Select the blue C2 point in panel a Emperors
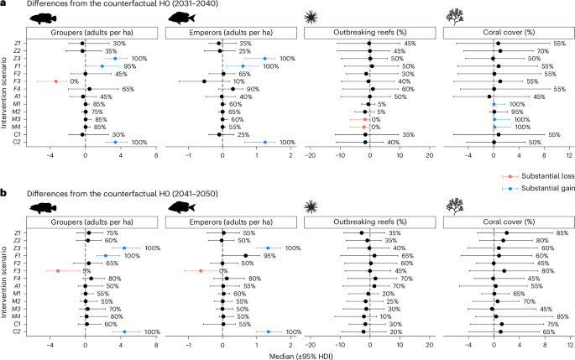coord(264,143)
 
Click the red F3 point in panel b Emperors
coord(201,271)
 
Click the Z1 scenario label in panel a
coord(17,43)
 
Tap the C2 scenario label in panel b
coord(17,331)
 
